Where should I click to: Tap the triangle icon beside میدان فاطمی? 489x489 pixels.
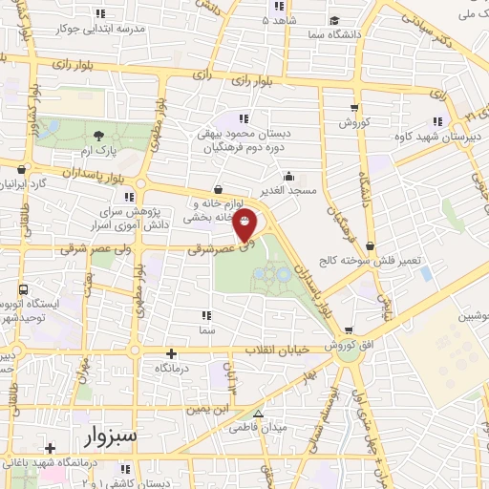click(258, 414)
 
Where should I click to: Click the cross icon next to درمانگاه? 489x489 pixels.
click(171, 352)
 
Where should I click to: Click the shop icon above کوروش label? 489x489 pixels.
click(354, 108)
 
